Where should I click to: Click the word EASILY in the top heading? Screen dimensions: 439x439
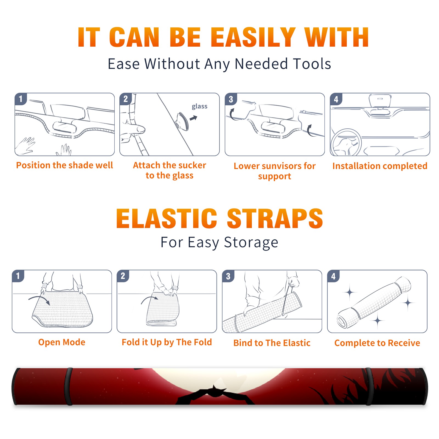(x=253, y=37)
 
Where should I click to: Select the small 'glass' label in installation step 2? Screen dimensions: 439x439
(x=199, y=106)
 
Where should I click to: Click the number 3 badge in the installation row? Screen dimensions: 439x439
(x=231, y=99)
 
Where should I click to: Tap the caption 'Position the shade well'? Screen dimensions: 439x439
(x=64, y=165)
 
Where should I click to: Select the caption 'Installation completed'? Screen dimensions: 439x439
(x=380, y=166)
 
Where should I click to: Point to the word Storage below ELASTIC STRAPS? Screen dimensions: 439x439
(x=251, y=243)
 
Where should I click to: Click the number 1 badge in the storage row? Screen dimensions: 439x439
(x=18, y=276)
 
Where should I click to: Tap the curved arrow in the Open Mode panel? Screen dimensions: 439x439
(x=39, y=299)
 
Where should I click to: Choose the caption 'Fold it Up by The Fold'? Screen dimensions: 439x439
(x=167, y=342)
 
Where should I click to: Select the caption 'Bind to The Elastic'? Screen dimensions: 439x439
(x=272, y=343)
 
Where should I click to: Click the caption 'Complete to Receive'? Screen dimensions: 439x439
(x=377, y=343)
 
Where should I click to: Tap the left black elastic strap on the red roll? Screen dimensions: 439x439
(x=68, y=387)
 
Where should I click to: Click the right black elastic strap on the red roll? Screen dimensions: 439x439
(x=370, y=387)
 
